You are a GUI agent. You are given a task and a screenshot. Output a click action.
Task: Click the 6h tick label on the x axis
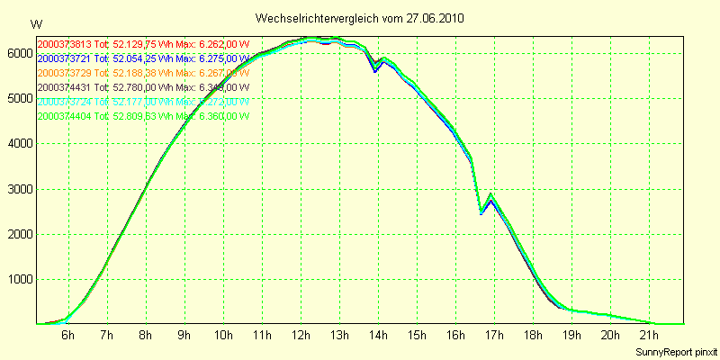(x=67, y=336)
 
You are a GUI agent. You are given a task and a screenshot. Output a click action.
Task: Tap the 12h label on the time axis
(x=300, y=336)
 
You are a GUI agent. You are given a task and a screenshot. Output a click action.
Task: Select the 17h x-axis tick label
(x=493, y=336)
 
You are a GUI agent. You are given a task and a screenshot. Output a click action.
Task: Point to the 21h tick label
(x=649, y=336)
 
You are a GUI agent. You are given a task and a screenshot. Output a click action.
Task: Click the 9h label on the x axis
(x=184, y=336)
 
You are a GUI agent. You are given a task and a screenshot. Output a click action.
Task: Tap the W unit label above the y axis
(x=36, y=23)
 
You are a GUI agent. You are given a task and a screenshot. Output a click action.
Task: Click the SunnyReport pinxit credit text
(x=676, y=350)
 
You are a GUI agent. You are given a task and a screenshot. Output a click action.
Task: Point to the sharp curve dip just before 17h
(x=481, y=213)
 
